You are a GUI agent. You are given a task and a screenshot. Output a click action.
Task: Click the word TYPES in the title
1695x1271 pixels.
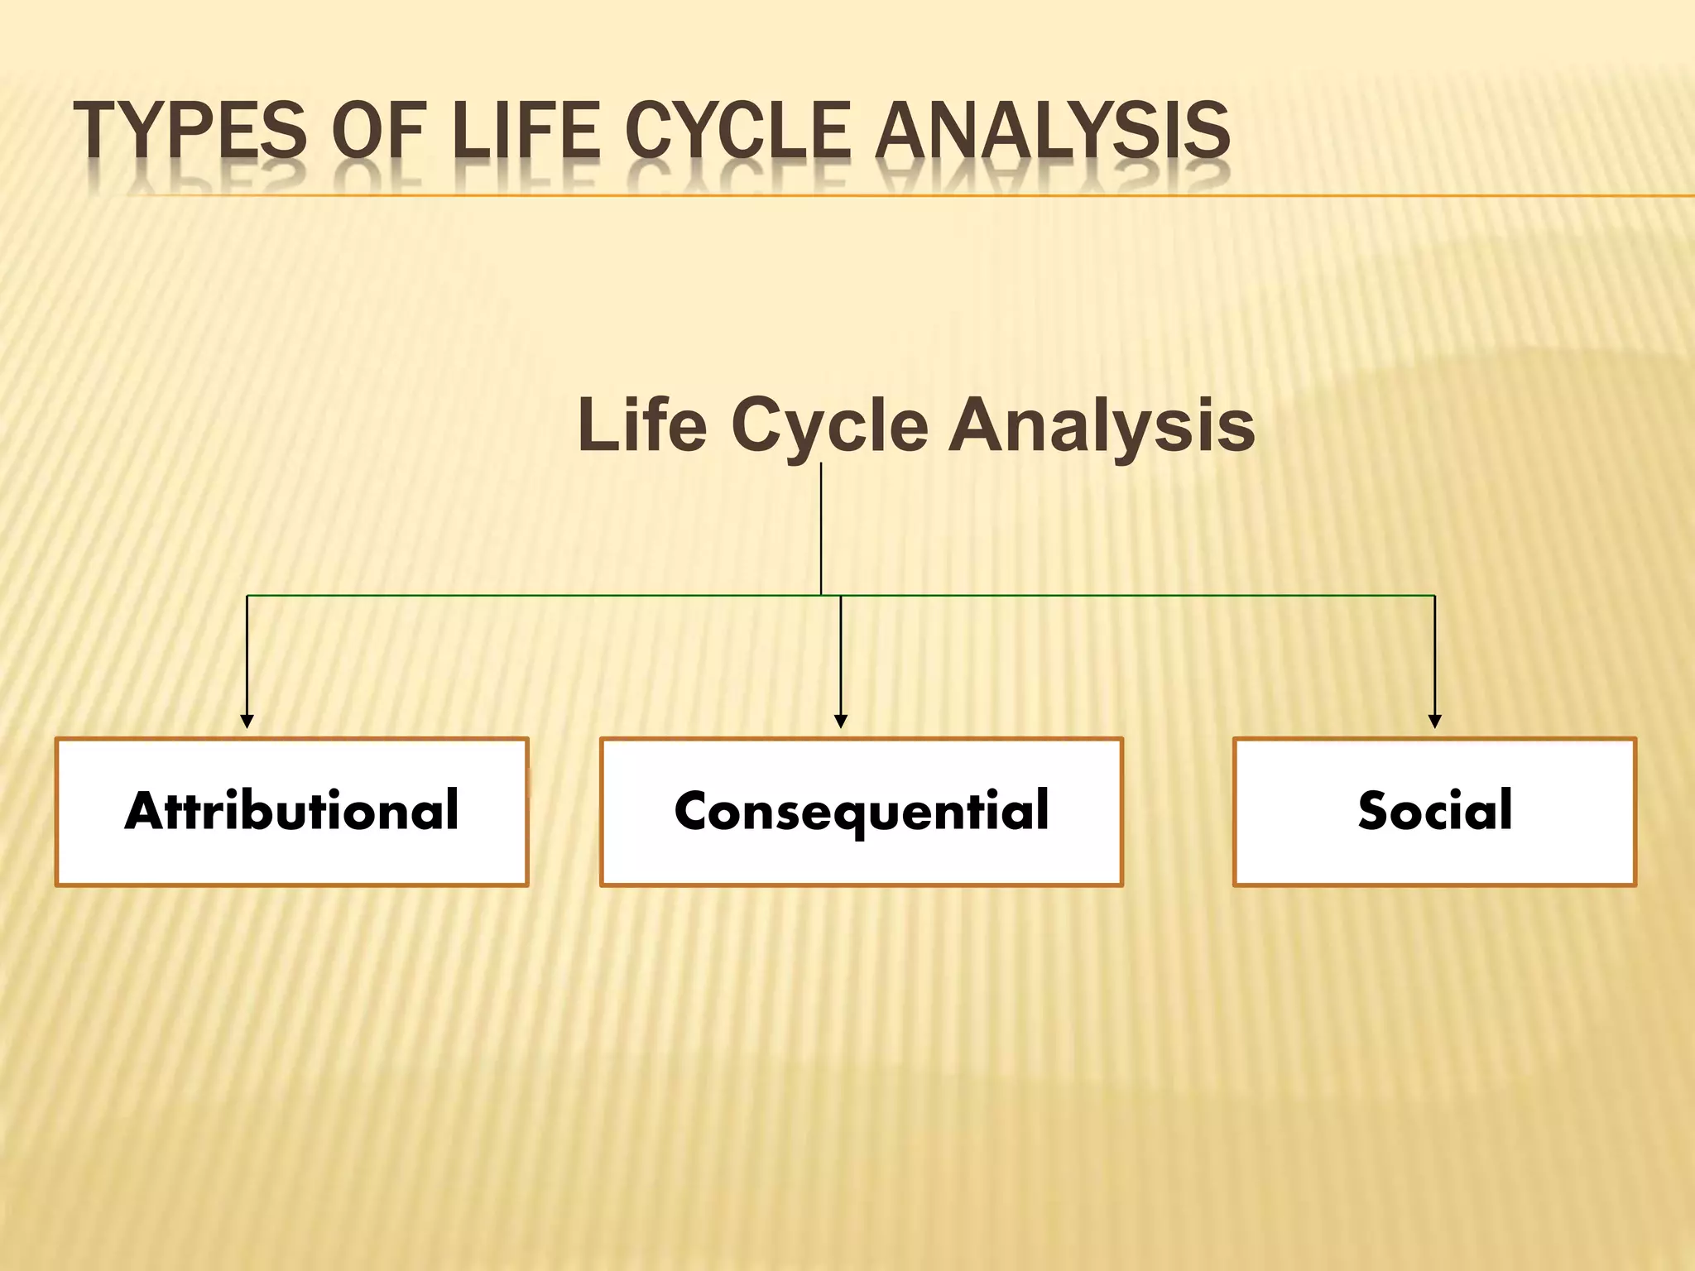(x=189, y=130)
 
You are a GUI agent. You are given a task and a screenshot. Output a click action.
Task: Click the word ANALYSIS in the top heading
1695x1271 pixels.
(x=1052, y=130)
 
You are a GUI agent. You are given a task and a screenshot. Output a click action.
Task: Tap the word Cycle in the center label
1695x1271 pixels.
(x=829, y=426)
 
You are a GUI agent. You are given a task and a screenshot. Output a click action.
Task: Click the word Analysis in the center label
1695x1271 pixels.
(x=1102, y=426)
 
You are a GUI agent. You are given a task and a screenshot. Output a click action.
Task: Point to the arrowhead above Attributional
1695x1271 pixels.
(x=247, y=722)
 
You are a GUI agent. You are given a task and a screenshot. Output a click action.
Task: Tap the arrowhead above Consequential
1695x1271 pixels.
(x=841, y=722)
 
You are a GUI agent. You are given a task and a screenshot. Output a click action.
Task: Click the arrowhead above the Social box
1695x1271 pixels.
(x=1435, y=722)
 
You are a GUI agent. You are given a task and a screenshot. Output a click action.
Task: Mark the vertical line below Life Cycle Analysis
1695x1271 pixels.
(x=821, y=530)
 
